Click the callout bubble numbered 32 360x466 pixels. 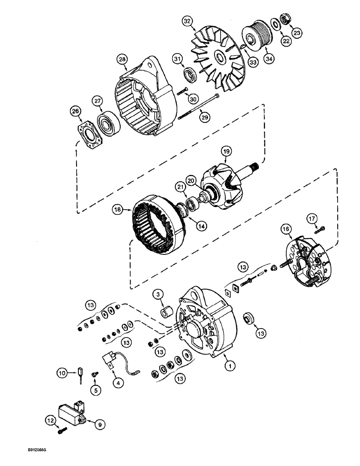187,21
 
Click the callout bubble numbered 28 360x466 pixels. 122,59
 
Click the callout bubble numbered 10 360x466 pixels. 62,372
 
